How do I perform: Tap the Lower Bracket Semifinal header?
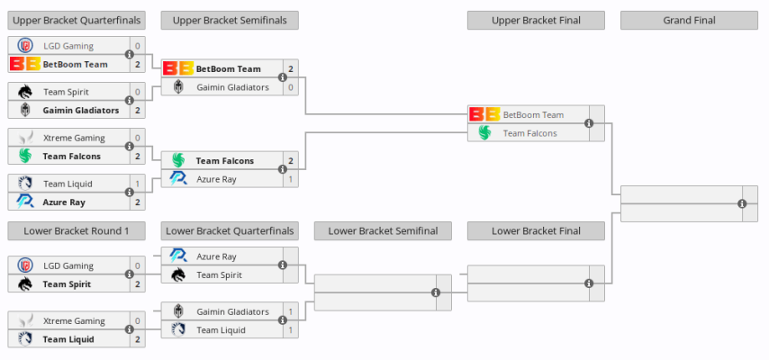click(383, 231)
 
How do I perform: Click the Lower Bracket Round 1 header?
click(77, 231)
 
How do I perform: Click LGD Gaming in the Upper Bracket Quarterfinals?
click(68, 46)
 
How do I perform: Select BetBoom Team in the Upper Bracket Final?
click(533, 115)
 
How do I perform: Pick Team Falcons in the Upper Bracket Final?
click(529, 133)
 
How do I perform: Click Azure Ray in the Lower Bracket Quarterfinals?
click(216, 256)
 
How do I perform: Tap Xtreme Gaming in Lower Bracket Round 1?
click(74, 321)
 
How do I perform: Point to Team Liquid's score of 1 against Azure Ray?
click(138, 184)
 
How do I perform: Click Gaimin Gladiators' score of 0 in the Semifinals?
click(291, 87)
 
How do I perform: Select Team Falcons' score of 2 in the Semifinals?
click(291, 161)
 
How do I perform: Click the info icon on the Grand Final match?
click(742, 203)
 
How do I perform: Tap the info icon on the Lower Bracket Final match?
click(589, 283)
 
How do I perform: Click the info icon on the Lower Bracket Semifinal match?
click(436, 292)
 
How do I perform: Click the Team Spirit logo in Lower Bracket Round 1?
click(24, 284)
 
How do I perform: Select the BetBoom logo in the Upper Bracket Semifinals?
click(177, 68)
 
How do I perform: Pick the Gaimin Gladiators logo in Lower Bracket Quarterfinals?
click(177, 312)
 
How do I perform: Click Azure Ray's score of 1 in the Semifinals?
click(291, 179)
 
